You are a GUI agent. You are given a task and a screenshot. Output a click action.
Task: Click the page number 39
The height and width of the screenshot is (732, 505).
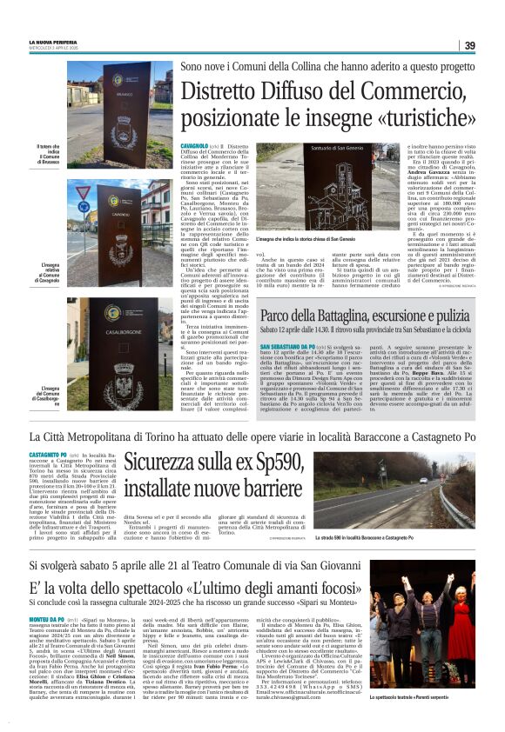469,45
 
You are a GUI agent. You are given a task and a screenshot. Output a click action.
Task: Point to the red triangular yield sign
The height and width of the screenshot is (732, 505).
84,192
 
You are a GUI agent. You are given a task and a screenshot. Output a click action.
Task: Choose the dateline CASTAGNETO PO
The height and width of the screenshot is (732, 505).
47,455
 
